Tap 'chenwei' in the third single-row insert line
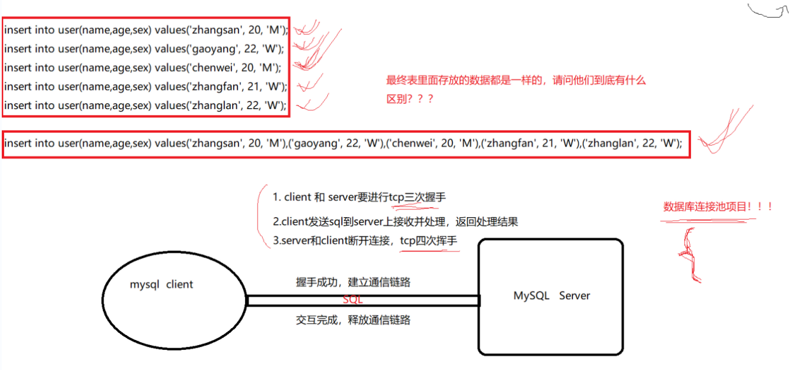click(x=209, y=67)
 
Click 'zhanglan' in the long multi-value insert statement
click(x=611, y=143)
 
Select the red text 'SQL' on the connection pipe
click(x=353, y=300)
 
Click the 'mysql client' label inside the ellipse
click(x=161, y=284)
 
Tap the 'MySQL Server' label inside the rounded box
click(x=552, y=296)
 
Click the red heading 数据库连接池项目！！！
click(x=718, y=207)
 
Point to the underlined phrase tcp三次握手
click(x=418, y=197)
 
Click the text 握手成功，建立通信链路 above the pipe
click(x=353, y=282)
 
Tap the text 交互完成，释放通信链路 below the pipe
click(x=353, y=320)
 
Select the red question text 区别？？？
click(x=410, y=99)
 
